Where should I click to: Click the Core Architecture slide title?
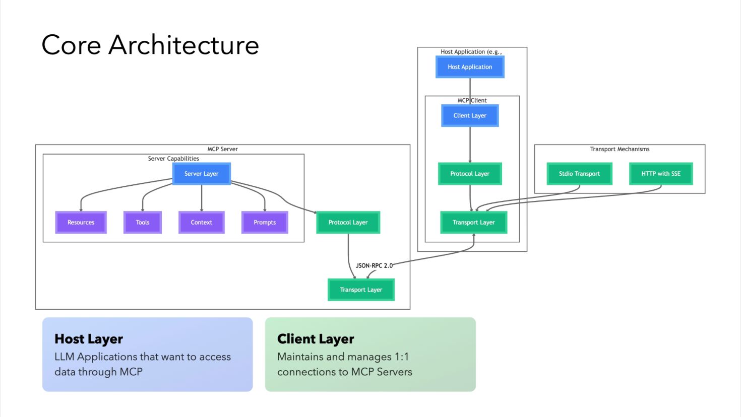150,45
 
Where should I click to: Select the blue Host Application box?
470,67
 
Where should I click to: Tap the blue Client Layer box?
470,116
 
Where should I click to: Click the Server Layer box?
201,174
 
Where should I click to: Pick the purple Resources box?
81,223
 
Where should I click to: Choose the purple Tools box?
143,223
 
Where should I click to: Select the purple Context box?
201,223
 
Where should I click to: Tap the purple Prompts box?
265,223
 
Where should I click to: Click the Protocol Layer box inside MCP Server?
348,223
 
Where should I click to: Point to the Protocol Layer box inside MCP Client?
470,174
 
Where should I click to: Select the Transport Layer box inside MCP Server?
361,290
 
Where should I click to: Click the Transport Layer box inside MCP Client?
473,223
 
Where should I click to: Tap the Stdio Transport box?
579,174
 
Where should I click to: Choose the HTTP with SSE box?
661,174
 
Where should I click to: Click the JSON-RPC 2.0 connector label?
374,265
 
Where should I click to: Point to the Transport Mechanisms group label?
620,149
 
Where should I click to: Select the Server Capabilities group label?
173,159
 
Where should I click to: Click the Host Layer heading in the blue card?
89,339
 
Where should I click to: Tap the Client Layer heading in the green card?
316,339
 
